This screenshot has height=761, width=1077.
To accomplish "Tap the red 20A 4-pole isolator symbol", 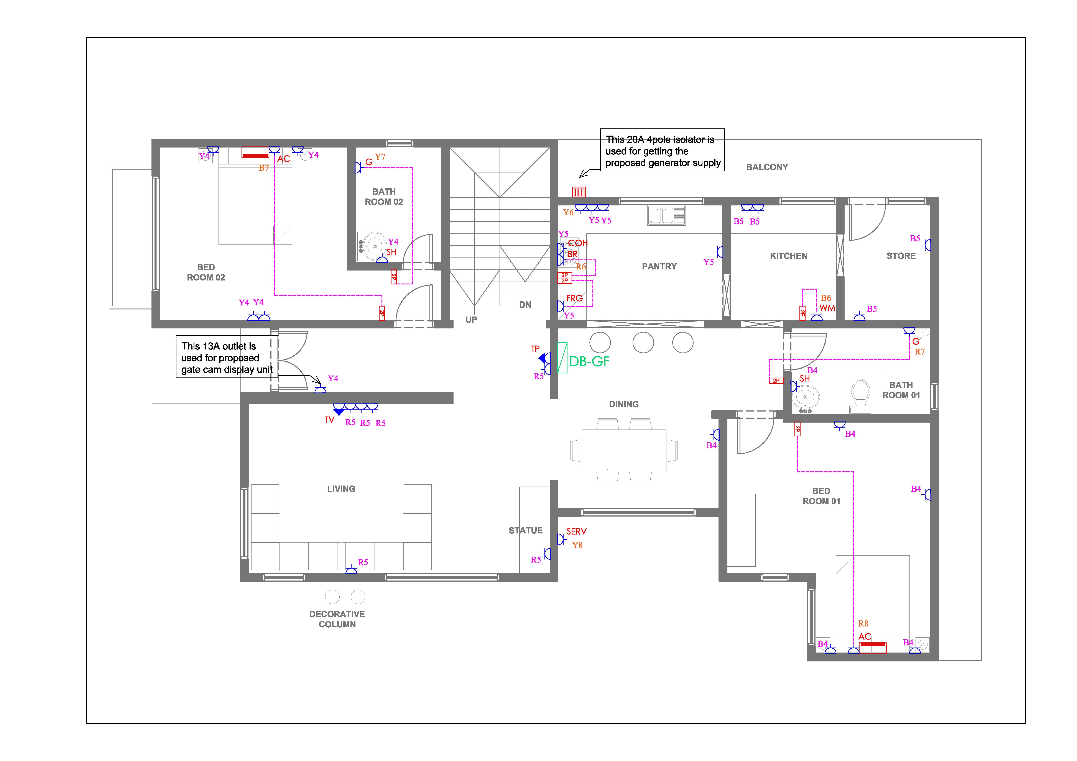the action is click(579, 192).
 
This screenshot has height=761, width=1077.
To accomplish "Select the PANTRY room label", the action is click(659, 266).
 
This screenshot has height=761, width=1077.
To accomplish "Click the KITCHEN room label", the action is click(789, 256).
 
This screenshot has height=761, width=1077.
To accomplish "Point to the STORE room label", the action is click(901, 256).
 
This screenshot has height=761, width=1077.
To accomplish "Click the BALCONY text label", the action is click(767, 167).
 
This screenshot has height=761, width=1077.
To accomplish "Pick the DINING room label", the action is click(623, 404).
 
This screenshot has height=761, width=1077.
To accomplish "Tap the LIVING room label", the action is click(341, 489).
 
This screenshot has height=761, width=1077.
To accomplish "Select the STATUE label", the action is click(525, 530).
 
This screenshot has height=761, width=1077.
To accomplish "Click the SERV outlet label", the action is click(576, 531).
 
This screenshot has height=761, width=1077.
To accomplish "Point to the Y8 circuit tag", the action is click(577, 545).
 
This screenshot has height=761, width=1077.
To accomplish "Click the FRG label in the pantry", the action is click(574, 298).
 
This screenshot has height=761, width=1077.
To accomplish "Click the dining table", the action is click(624, 450).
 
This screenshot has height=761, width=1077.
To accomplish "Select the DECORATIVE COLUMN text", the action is click(337, 619).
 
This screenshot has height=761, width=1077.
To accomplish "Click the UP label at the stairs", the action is click(471, 320).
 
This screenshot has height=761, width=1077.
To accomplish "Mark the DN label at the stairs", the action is click(525, 305).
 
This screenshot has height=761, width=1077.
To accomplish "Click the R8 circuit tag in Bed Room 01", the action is click(863, 624).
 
